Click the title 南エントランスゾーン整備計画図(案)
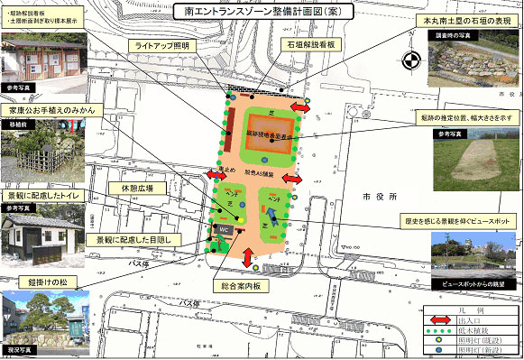262,13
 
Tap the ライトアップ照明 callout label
161,43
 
